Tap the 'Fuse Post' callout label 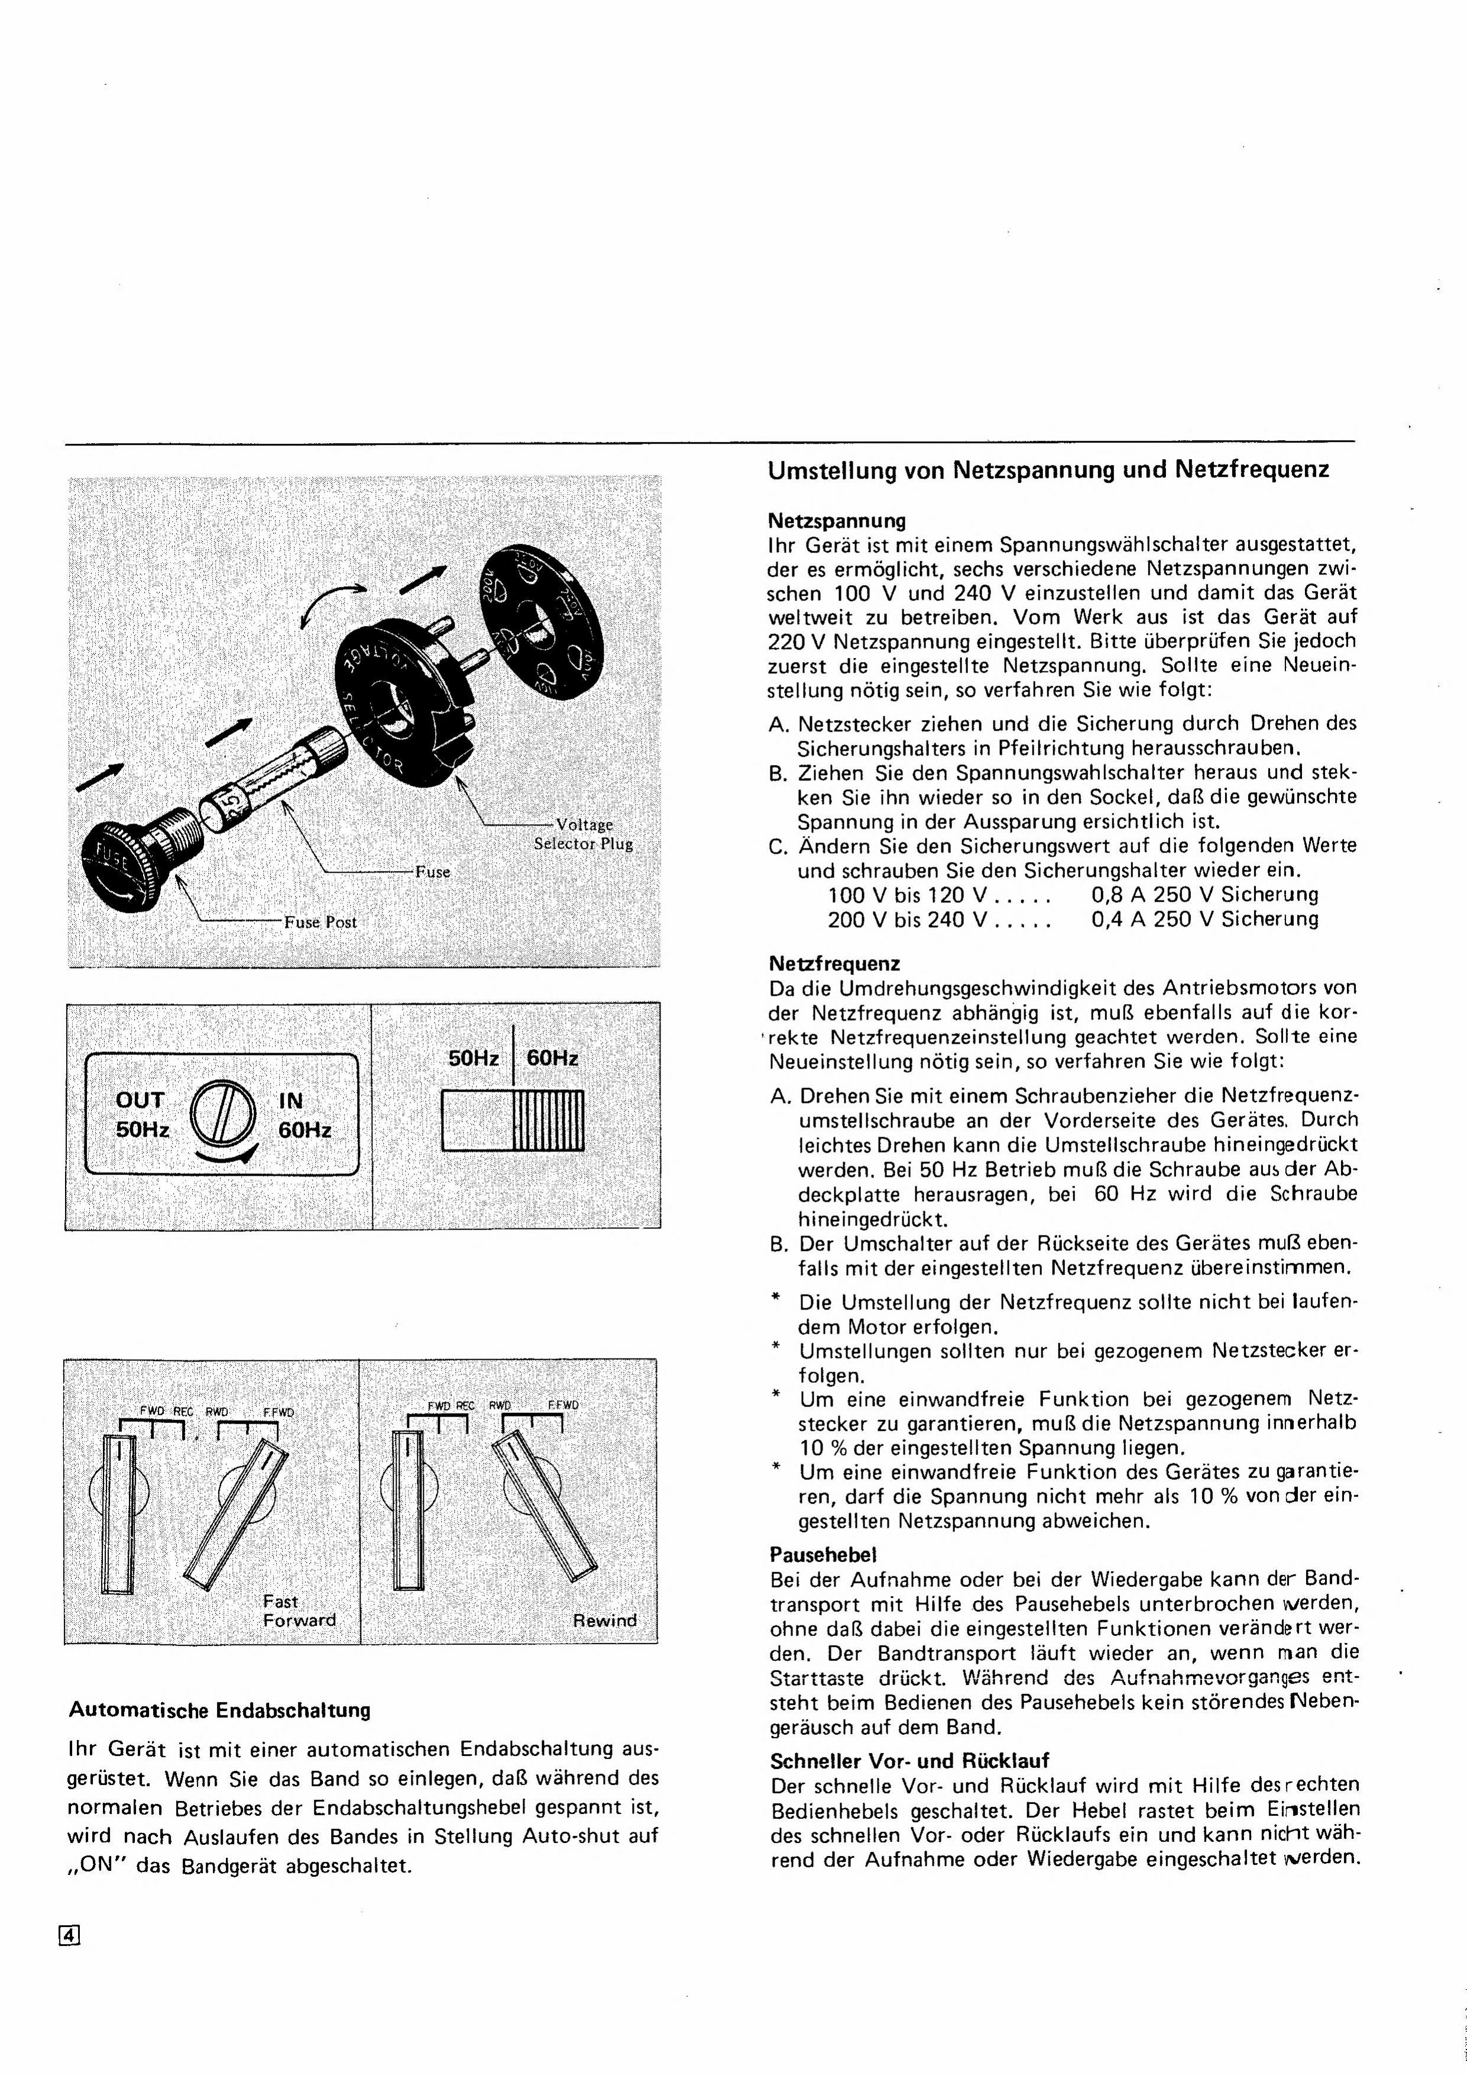[320, 923]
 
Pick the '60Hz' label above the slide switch [552, 1057]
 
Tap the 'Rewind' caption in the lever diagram [604, 1621]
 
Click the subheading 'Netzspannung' [837, 521]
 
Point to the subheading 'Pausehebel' [823, 1554]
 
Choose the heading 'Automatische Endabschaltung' [219, 1710]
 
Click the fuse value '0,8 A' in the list [1118, 895]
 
